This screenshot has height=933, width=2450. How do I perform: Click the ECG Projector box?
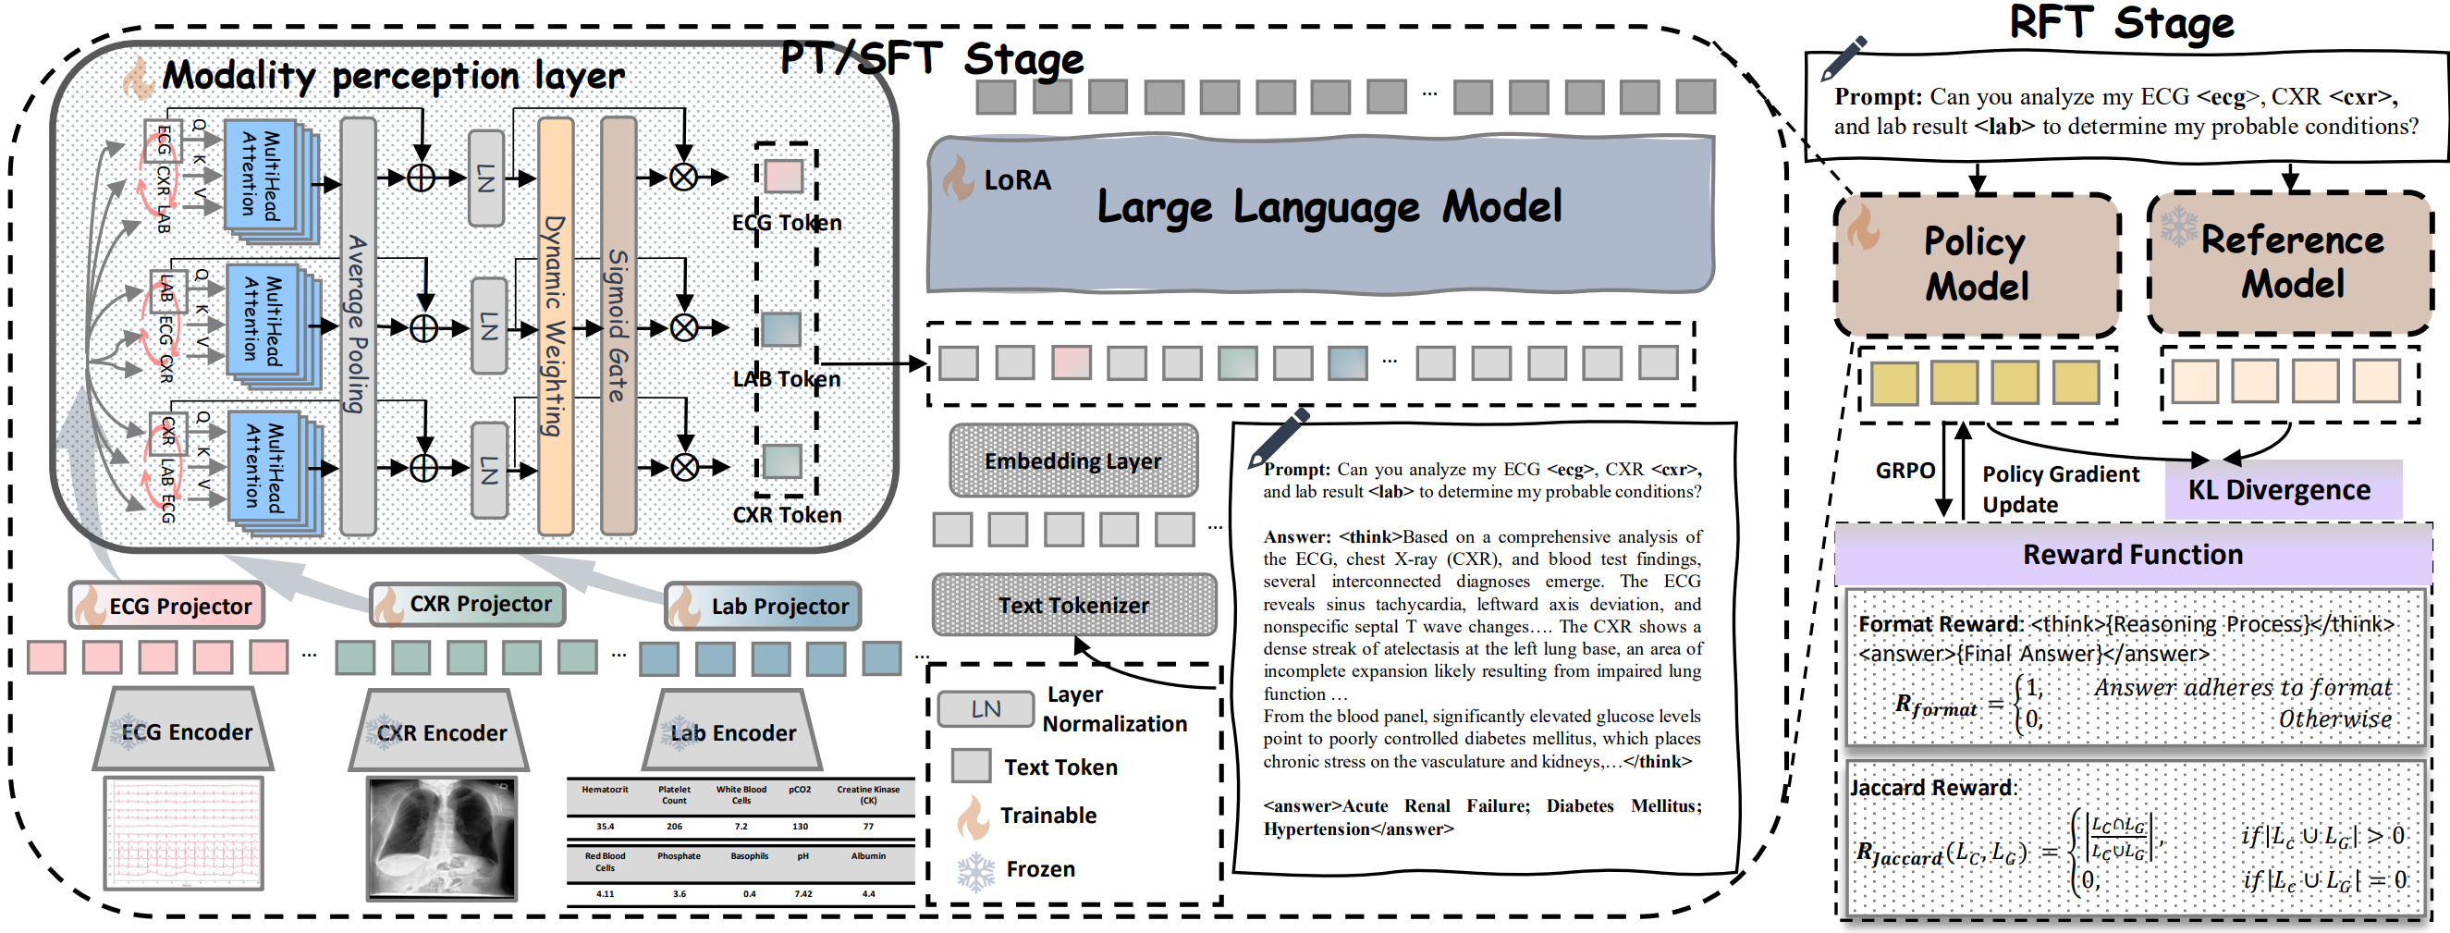[166, 606]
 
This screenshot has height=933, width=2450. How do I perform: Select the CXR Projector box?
[467, 604]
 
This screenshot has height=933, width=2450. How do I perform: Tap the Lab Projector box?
[763, 606]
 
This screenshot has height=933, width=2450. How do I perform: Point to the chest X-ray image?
[441, 838]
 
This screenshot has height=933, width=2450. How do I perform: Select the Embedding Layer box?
[1072, 461]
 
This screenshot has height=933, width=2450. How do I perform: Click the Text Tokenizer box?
[1073, 605]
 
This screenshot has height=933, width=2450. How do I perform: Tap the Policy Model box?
[1977, 264]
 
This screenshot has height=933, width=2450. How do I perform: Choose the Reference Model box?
[2291, 263]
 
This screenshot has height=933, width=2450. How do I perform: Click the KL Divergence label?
[2280, 490]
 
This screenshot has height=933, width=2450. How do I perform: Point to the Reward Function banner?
[2132, 555]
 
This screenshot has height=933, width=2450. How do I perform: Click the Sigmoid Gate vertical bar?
[619, 325]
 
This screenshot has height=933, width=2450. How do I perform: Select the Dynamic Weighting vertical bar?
[556, 325]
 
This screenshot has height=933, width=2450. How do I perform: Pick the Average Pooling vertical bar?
[358, 325]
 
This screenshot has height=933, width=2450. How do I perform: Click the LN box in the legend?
[986, 708]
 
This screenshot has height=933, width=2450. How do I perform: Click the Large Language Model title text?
[1329, 206]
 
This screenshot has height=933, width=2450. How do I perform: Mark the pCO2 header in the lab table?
[800, 790]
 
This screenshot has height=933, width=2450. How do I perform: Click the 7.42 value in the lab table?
[802, 894]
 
